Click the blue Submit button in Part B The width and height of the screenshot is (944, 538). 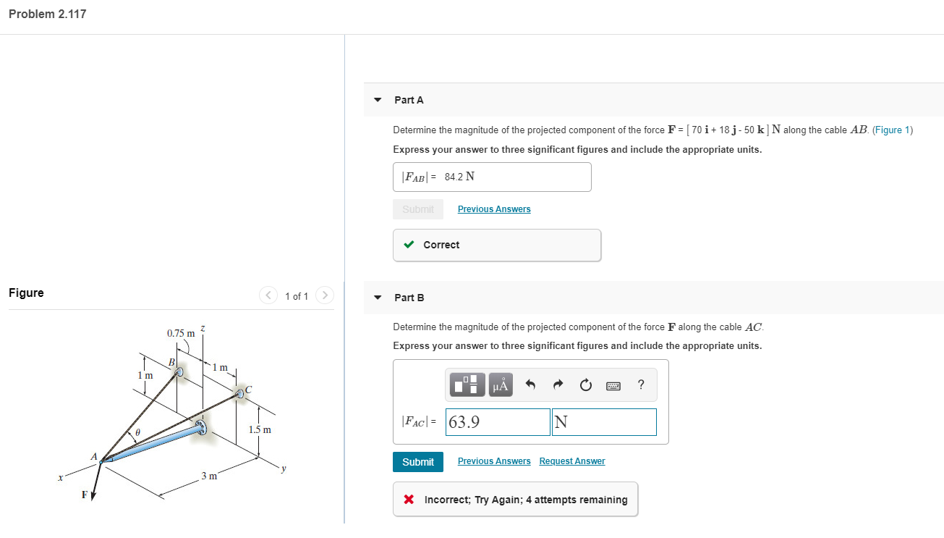pyautogui.click(x=418, y=462)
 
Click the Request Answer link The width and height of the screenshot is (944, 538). pyautogui.click(x=572, y=461)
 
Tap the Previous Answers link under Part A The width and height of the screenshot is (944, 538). pyautogui.click(x=494, y=209)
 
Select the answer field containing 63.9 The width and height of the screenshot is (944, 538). pyautogui.click(x=498, y=422)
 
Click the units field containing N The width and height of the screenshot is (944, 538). pyautogui.click(x=604, y=422)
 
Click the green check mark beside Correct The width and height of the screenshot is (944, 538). pyautogui.click(x=409, y=245)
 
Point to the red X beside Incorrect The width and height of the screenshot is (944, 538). pyautogui.click(x=409, y=500)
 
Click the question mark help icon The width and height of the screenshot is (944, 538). pyautogui.click(x=641, y=385)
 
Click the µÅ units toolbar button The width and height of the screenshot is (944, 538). pyautogui.click(x=501, y=385)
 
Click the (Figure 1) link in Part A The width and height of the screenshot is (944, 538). pyautogui.click(x=893, y=130)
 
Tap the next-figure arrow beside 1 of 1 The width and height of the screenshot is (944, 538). pyautogui.click(x=326, y=295)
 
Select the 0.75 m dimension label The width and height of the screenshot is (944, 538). pyautogui.click(x=181, y=334)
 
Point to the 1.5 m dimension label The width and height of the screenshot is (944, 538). pyautogui.click(x=260, y=430)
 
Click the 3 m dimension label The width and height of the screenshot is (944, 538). pyautogui.click(x=209, y=476)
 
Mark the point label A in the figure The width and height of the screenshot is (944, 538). pyautogui.click(x=94, y=456)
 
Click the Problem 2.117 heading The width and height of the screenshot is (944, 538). pyautogui.click(x=48, y=14)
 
